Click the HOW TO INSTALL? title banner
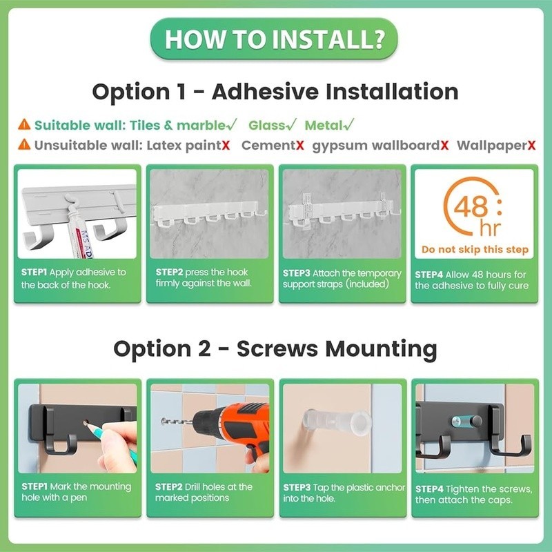point(274,39)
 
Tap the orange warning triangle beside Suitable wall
point(24,125)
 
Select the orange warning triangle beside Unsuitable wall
point(24,144)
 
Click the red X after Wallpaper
point(531,145)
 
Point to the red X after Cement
point(299,145)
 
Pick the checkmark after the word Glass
point(290,125)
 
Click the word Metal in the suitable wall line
point(324,125)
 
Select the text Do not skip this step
point(475,250)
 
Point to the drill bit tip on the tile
point(162,420)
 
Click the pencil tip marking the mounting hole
point(87,425)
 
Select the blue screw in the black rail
point(461,420)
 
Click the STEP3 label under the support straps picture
point(296,273)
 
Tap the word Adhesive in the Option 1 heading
point(265,92)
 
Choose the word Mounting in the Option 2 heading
point(381,349)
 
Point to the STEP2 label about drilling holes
point(168,487)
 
